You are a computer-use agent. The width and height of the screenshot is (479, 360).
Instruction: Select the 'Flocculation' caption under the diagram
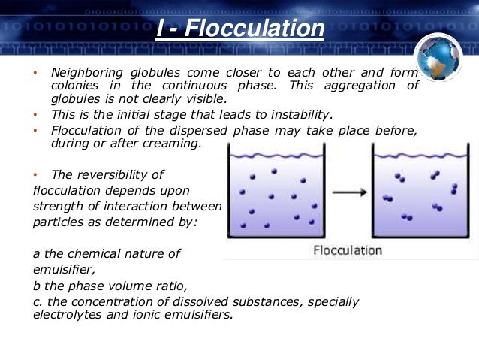[348, 250]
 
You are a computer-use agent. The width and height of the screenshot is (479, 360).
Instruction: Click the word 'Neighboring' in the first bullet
[86, 73]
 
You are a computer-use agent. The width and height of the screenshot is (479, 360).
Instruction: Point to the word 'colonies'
[74, 86]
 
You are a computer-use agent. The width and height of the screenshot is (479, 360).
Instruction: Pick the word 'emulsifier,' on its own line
[65, 268]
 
